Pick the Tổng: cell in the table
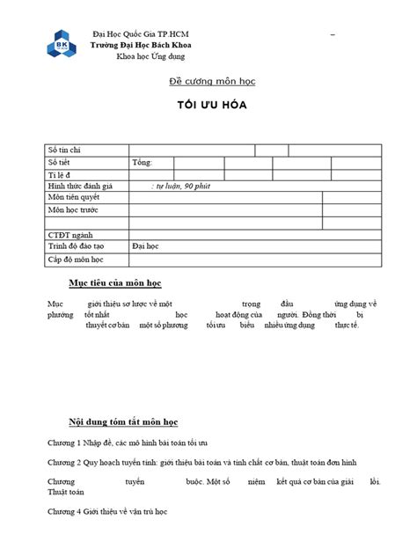pyautogui.click(x=143, y=163)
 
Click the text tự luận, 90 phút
pyautogui.click(x=181, y=187)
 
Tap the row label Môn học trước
pyautogui.click(x=73, y=210)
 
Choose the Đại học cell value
pyautogui.click(x=145, y=247)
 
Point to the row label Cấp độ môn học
pyautogui.click(x=76, y=260)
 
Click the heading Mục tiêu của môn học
pyautogui.click(x=114, y=283)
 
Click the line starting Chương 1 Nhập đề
pyautogui.click(x=128, y=442)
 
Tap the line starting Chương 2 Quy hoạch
pyautogui.click(x=201, y=463)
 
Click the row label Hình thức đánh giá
pyautogui.click(x=82, y=187)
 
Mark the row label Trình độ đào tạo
pyautogui.click(x=76, y=247)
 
